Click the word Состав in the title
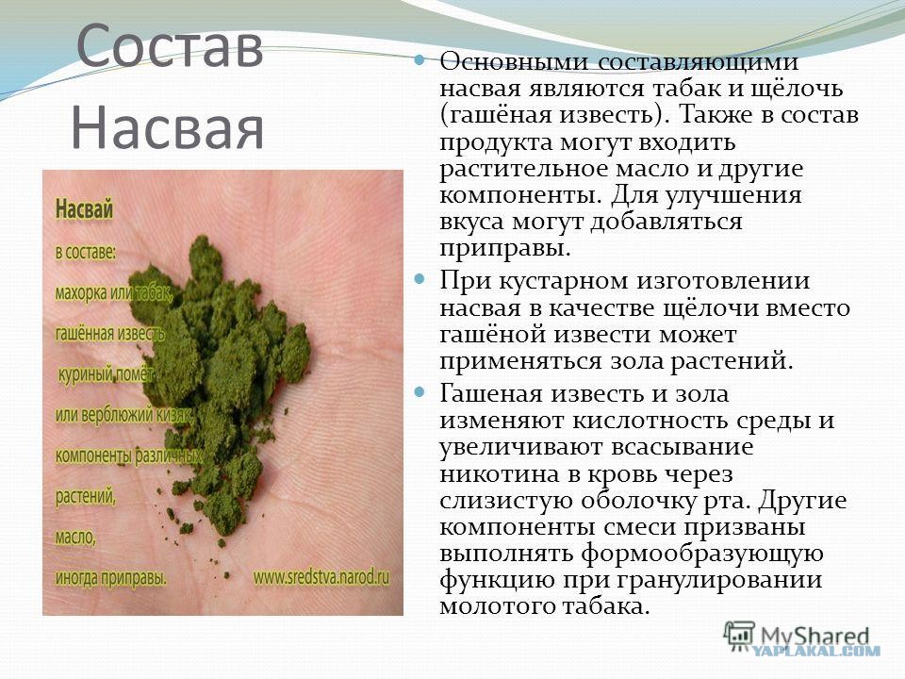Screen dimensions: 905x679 click(170, 45)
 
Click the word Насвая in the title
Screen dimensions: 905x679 click(168, 127)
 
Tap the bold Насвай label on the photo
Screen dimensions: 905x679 click(84, 209)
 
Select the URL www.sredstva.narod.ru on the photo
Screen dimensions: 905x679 click(321, 576)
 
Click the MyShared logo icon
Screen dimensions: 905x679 click(739, 637)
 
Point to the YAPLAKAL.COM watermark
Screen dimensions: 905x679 click(815, 652)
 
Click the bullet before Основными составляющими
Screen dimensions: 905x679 click(420, 59)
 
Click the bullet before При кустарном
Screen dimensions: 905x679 click(420, 279)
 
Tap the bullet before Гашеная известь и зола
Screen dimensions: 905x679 click(420, 392)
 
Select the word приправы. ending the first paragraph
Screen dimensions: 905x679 click(505, 249)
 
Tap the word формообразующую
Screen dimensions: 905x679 click(701, 554)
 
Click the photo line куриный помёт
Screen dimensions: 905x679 click(106, 374)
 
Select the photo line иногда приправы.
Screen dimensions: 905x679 click(111, 578)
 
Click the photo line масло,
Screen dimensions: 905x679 click(75, 538)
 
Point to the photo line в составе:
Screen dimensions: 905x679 click(86, 253)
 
